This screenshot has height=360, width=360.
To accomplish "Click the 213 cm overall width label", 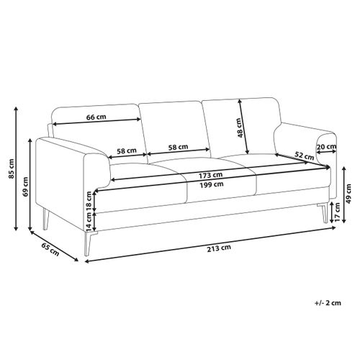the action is tap(219, 248).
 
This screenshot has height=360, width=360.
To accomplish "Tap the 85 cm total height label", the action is tap(12, 168).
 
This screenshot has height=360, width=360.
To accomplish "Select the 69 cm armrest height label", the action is tap(25, 186).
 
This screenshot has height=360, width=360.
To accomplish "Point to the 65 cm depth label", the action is tap(50, 249).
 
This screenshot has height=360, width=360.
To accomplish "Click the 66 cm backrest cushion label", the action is tap(96, 117).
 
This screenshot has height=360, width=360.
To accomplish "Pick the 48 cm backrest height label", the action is tap(240, 127).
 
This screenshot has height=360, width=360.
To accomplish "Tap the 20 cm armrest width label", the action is tap(326, 146).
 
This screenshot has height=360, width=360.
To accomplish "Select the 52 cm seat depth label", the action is tap(304, 156).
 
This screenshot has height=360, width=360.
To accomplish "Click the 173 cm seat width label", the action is tap(210, 176).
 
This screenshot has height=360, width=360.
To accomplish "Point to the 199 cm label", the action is tap(212, 184).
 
